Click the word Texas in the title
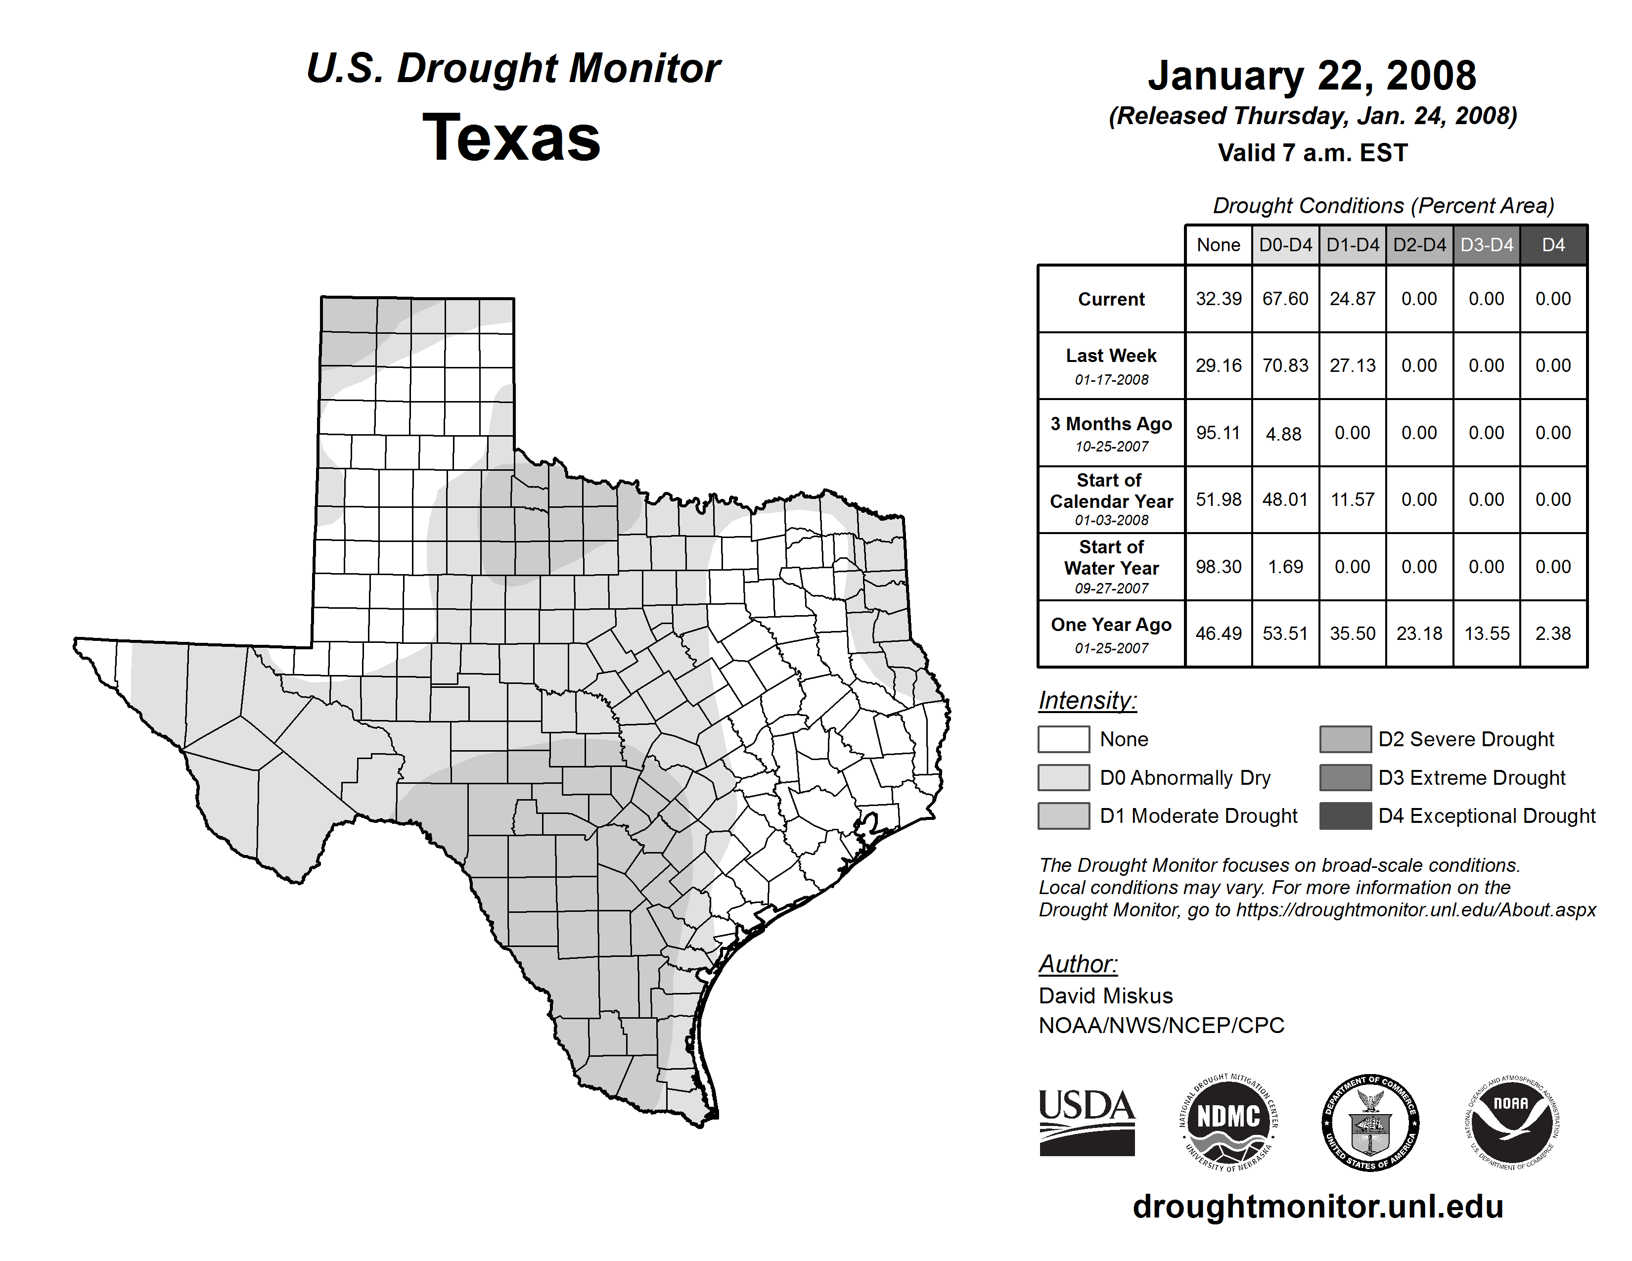point(511,138)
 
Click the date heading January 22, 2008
point(1312,76)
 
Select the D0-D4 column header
point(1285,245)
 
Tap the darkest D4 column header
point(1553,245)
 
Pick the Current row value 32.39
point(1218,299)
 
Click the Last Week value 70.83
point(1285,365)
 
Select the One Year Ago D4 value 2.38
point(1553,633)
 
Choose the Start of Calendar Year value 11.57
point(1353,500)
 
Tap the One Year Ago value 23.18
point(1419,633)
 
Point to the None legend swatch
point(1063,739)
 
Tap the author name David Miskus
point(1105,996)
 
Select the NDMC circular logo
point(1228,1123)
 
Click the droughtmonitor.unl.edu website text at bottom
point(1317,1207)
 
